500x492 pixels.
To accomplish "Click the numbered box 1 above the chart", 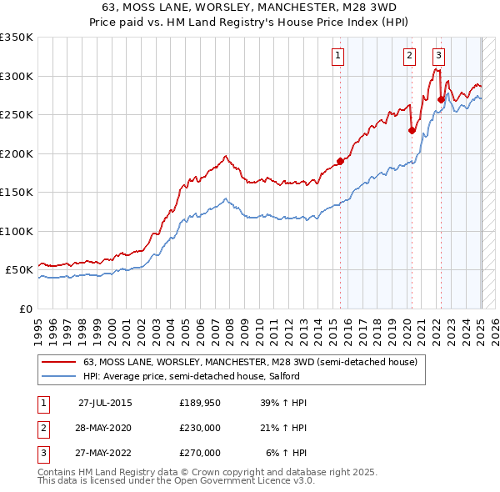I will point(338,56).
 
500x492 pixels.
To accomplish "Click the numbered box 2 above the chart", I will point(410,56).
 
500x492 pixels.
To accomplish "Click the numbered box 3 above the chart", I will point(438,56).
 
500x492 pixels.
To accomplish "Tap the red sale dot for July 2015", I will point(340,161).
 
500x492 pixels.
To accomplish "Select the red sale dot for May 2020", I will point(412,130).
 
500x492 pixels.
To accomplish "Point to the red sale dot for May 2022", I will point(441,99).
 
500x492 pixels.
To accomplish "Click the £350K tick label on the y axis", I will point(17,38).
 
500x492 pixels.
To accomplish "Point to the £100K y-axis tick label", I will point(17,231).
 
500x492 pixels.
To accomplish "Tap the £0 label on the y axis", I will point(26,309).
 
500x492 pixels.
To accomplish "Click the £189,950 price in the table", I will point(199,403).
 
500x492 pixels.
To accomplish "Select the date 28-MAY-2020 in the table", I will point(104,428).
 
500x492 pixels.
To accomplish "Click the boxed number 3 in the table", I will point(42,453).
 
